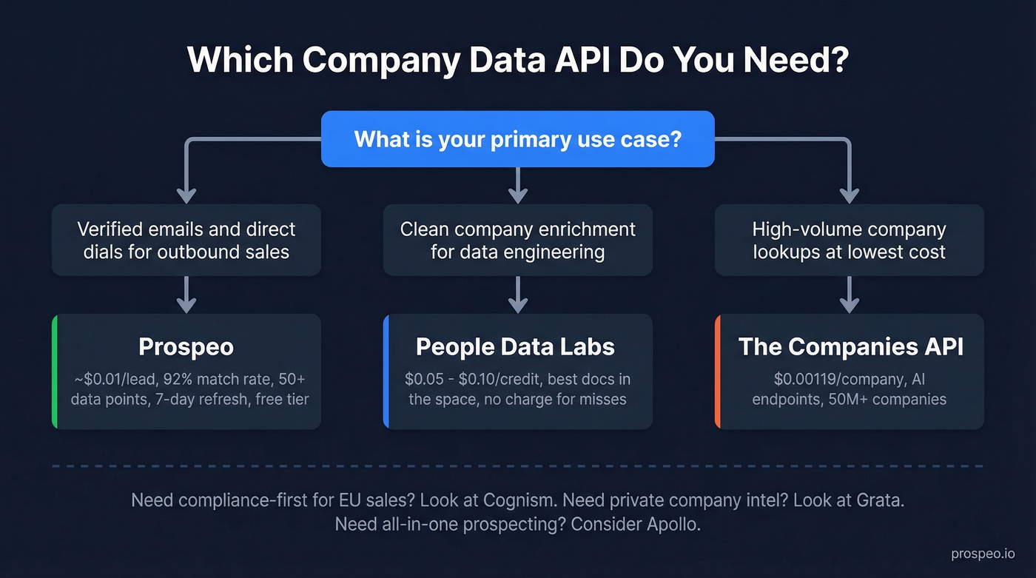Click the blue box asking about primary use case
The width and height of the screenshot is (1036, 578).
pos(517,139)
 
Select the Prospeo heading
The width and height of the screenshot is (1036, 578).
pos(186,346)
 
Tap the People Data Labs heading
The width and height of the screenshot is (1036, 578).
pos(515,346)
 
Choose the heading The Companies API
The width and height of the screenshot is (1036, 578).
pos(851,346)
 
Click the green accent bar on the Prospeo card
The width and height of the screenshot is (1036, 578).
pos(55,372)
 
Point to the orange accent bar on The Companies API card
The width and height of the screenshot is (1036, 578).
pos(718,372)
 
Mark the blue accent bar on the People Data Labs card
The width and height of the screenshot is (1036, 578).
pos(386,372)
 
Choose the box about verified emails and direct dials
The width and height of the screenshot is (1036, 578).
pos(186,240)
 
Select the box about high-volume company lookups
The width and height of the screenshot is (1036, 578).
pos(850,240)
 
